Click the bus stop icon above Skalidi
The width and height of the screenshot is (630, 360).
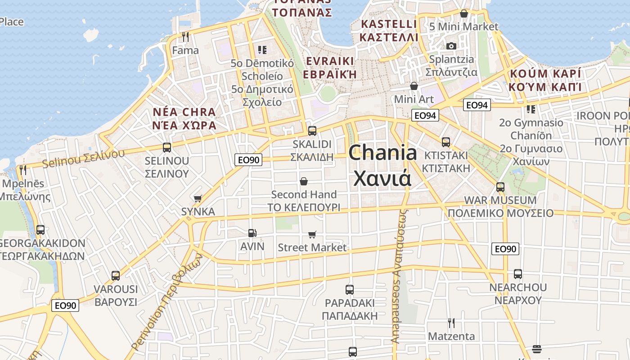tap(312, 131)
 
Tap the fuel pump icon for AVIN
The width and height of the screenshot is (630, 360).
tap(252, 233)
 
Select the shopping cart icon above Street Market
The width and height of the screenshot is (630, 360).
tap(312, 234)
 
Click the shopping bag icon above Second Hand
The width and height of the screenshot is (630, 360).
tap(304, 181)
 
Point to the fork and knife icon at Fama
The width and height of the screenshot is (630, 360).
tap(185, 36)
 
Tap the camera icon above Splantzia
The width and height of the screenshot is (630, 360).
tap(451, 46)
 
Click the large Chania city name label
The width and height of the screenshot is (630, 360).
tap(382, 165)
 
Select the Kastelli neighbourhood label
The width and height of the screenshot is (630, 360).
tap(389, 30)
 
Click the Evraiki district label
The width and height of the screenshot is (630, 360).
tap(329, 67)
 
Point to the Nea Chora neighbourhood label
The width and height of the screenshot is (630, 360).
tap(184, 118)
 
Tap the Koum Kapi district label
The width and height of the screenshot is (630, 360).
tap(545, 80)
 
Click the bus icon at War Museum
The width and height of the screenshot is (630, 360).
tap(500, 187)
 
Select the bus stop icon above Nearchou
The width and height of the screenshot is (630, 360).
tap(518, 274)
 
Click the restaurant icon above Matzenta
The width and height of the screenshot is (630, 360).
tap(451, 323)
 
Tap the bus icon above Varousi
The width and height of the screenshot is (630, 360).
tap(116, 276)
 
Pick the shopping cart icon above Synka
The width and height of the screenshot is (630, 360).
tap(198, 198)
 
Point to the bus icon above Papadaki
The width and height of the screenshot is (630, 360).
tap(350, 290)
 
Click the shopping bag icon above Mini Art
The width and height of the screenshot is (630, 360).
tap(414, 86)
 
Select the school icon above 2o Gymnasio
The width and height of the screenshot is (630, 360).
tap(531, 109)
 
